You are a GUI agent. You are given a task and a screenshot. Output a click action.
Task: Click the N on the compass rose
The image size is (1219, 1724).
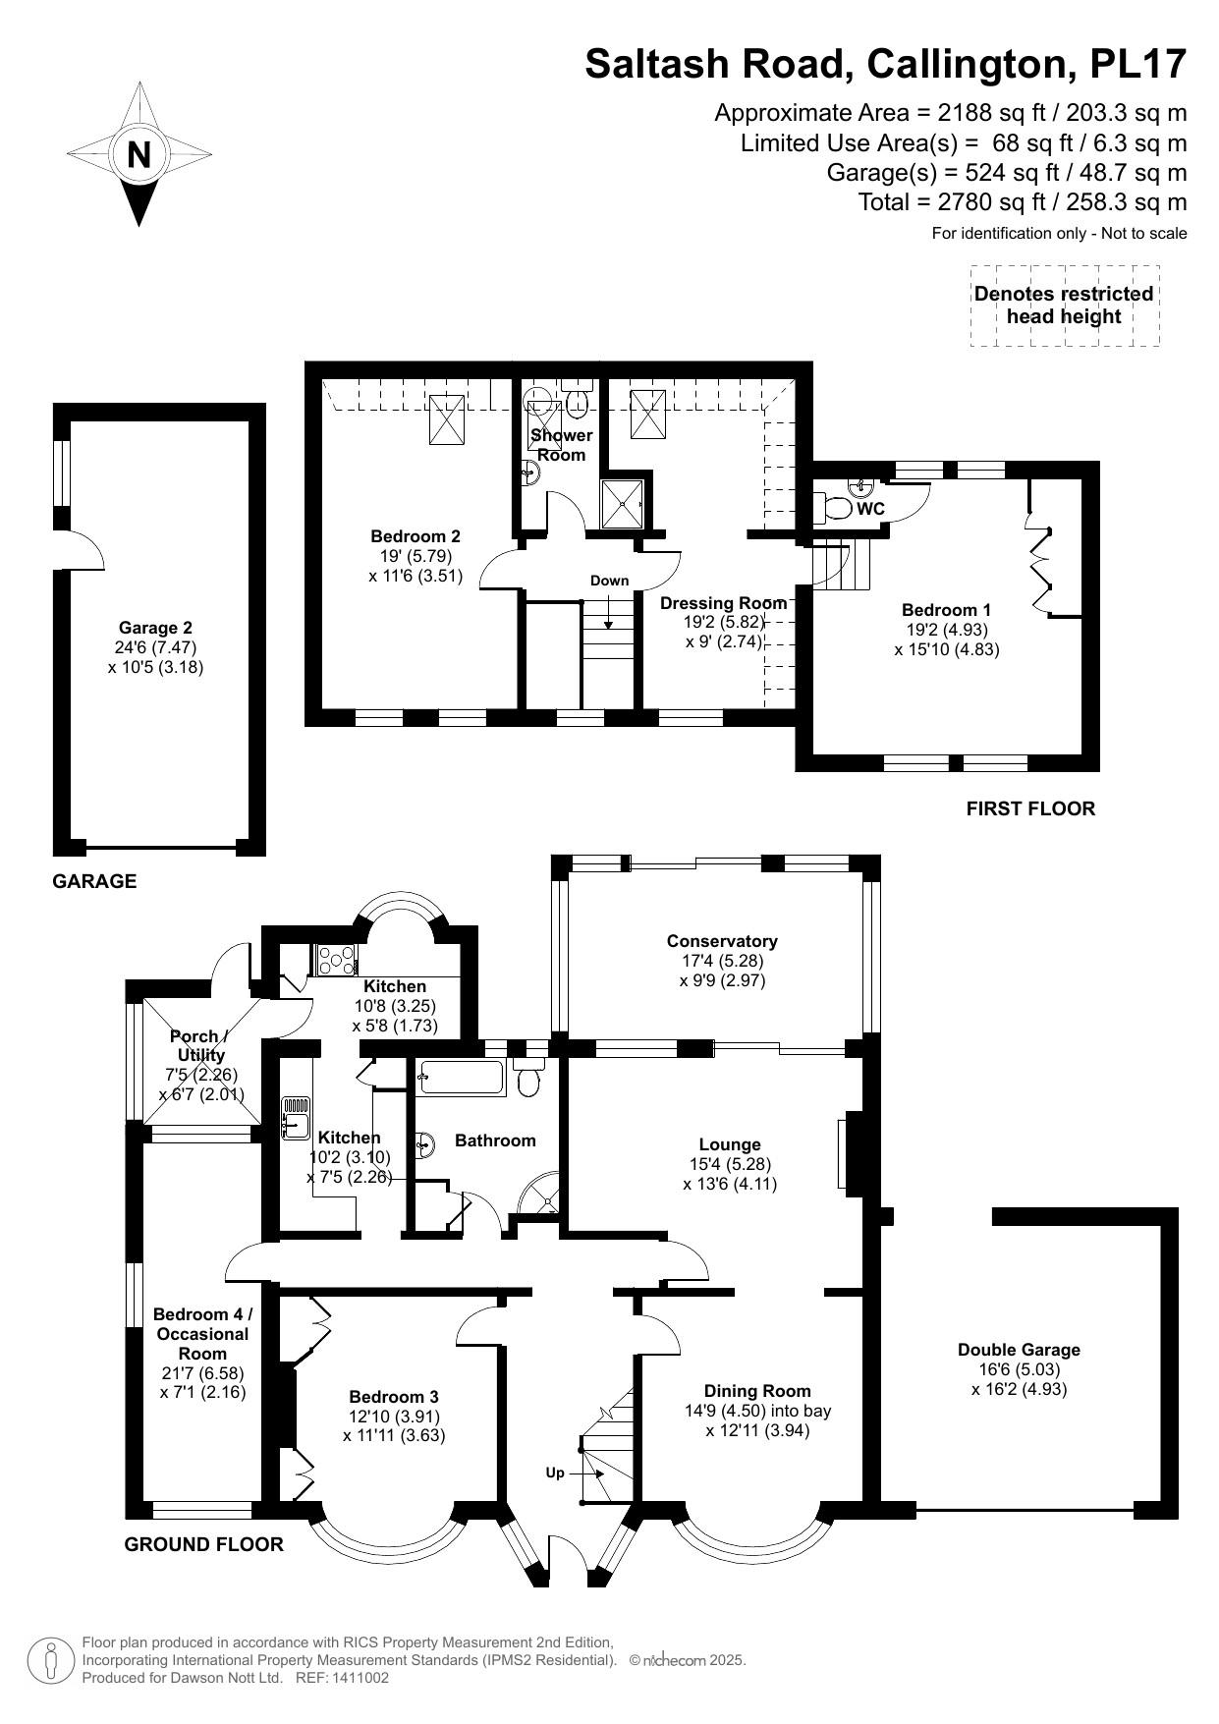click(x=139, y=155)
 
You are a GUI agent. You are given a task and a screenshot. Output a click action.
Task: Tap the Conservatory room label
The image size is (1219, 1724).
click(x=722, y=941)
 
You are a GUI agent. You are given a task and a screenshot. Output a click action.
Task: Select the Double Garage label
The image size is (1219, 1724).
click(x=1019, y=1350)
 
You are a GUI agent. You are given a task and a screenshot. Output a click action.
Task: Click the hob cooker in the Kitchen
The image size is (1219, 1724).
click(x=336, y=959)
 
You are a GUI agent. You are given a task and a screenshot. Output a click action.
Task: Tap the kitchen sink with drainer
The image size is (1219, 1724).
click(x=296, y=1118)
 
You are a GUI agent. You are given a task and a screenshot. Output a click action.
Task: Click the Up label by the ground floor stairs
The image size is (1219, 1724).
click(x=555, y=1473)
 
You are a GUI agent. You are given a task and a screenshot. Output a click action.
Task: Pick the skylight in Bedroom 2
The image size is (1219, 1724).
click(x=449, y=419)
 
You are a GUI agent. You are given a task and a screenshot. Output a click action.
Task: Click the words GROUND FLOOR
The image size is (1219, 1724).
click(x=203, y=1544)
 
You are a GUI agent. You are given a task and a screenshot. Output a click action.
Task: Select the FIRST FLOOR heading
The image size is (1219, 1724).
click(x=1030, y=808)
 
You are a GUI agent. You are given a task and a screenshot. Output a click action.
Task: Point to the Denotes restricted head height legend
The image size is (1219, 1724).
click(x=1064, y=306)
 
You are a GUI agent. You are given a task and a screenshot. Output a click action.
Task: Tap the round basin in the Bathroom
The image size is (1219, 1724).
click(x=425, y=1144)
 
